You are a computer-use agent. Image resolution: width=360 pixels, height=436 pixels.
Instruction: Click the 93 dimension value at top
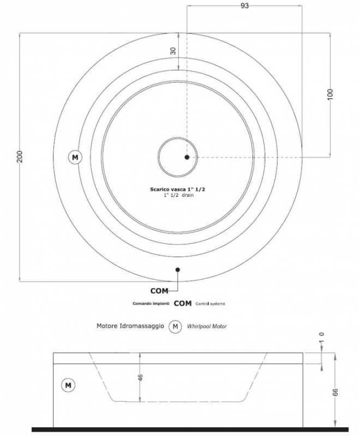click(244, 6)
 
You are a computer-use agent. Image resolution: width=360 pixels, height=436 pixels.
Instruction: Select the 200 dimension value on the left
click(20, 157)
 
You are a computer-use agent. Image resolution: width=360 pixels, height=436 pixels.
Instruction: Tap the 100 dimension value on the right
click(330, 94)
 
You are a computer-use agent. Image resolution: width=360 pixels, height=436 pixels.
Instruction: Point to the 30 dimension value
click(173, 51)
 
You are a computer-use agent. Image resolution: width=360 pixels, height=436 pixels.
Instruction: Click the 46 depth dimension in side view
click(140, 377)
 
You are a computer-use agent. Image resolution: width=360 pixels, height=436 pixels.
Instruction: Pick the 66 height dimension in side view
click(335, 392)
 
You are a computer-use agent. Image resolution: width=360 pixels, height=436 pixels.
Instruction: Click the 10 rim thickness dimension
click(322, 338)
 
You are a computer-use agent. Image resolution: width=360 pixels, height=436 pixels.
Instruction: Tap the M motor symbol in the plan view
click(75, 158)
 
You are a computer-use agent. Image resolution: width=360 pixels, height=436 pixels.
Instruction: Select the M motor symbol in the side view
click(68, 385)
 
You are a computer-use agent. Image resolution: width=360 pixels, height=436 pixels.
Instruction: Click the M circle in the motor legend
click(175, 326)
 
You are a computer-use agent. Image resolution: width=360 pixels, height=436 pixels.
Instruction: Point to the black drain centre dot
click(187, 157)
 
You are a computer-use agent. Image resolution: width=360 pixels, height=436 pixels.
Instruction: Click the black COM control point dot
click(178, 269)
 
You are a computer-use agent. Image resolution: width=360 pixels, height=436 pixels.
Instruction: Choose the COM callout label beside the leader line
click(159, 291)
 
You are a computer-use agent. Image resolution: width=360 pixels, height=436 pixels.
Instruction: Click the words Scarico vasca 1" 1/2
click(177, 189)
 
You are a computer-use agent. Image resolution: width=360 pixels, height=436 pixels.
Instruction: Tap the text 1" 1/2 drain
click(178, 195)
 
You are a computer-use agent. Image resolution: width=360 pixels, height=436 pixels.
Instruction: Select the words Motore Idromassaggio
click(130, 326)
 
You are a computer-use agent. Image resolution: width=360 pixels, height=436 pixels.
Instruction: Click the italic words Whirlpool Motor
click(207, 326)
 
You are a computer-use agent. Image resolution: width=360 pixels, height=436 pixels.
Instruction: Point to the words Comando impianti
click(151, 304)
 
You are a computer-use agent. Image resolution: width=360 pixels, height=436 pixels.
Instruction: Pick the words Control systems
click(210, 304)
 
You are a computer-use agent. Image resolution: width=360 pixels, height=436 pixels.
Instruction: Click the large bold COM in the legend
click(183, 304)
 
